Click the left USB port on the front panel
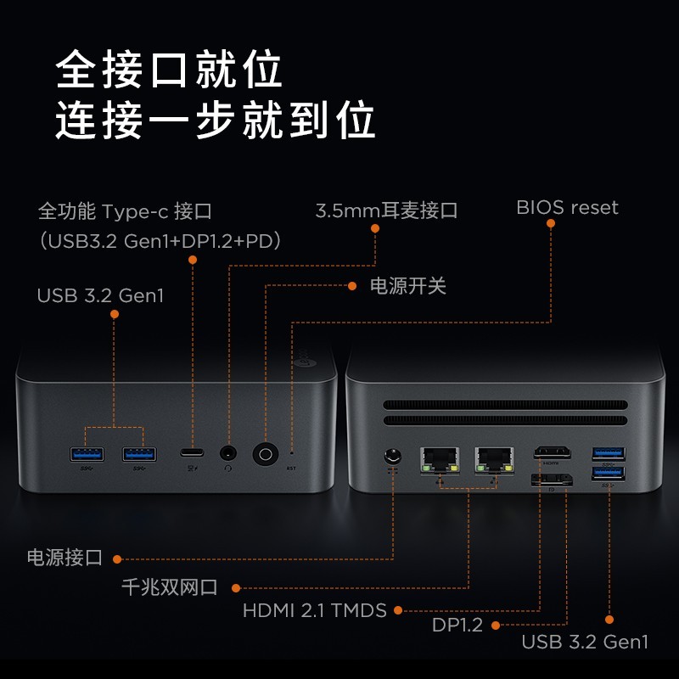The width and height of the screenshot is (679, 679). (86, 454)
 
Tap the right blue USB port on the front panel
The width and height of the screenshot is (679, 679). (140, 454)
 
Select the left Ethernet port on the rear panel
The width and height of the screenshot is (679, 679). (440, 458)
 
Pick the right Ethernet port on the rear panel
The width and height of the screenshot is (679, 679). (495, 458)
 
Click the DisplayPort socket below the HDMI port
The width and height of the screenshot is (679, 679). (552, 480)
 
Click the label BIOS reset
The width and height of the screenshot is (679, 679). (567, 208)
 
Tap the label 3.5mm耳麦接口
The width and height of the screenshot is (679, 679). (386, 210)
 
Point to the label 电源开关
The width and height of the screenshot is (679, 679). (407, 286)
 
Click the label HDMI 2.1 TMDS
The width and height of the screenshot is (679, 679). (314, 610)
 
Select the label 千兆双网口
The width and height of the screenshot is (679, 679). (170, 587)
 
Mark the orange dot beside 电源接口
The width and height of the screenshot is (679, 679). (117, 558)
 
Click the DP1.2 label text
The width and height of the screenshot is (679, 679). (457, 626)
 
